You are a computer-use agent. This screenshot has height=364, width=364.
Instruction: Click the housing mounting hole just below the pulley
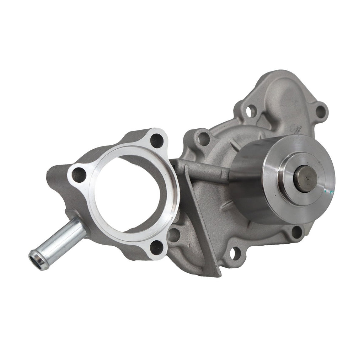(x=296, y=232)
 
